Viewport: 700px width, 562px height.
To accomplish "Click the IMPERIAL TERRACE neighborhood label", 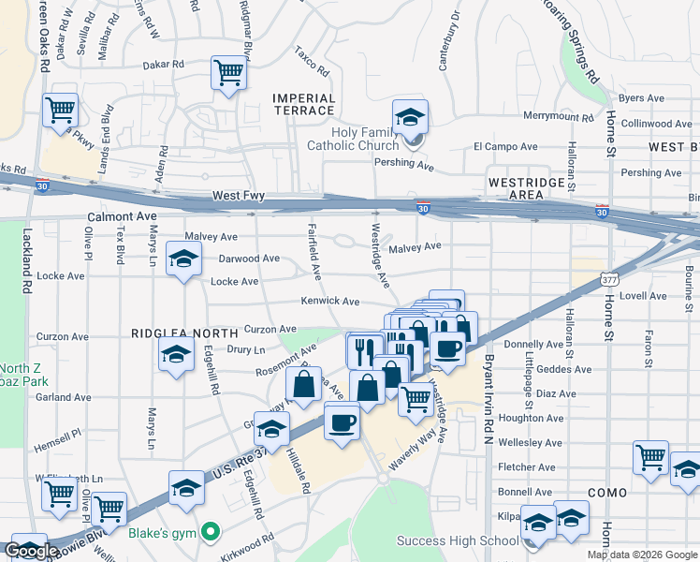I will (303, 104).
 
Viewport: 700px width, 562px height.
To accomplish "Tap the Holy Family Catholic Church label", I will (353, 138).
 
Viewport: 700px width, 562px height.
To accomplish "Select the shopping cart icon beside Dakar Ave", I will (228, 73).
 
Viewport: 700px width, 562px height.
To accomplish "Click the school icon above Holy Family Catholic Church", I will (410, 118).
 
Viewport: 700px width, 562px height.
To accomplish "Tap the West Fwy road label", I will (239, 196).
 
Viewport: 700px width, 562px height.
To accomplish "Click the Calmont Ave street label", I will (121, 216).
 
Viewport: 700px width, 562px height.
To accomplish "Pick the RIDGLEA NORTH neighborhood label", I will (178, 333).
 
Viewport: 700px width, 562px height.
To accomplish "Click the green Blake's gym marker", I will (211, 532).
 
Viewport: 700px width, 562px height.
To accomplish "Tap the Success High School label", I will (457, 540).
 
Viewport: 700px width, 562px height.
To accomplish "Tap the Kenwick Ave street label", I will (329, 302).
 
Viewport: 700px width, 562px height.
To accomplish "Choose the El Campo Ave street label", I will (504, 147).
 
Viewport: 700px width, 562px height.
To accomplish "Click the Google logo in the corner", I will (30, 552).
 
